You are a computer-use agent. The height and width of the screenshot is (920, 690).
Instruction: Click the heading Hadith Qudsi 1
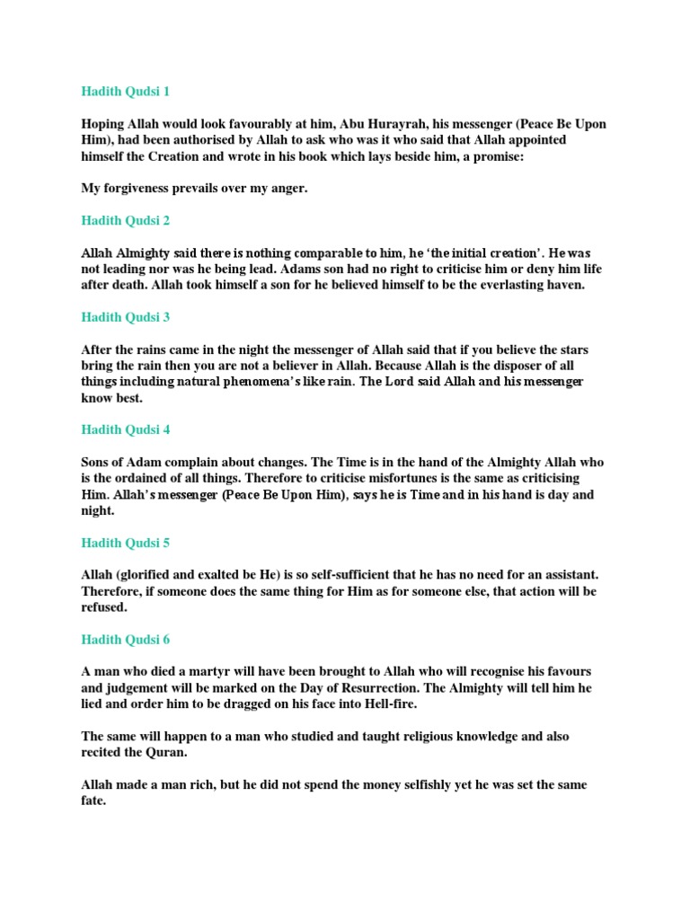[125, 92]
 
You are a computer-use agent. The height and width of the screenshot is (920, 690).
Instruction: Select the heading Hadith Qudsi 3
[125, 317]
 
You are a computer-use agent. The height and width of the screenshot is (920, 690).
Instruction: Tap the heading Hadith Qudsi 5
[125, 543]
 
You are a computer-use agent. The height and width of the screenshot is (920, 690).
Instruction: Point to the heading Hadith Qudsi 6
[125, 640]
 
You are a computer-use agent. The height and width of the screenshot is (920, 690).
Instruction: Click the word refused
[109, 607]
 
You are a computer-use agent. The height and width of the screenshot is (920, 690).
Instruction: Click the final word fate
[93, 801]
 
